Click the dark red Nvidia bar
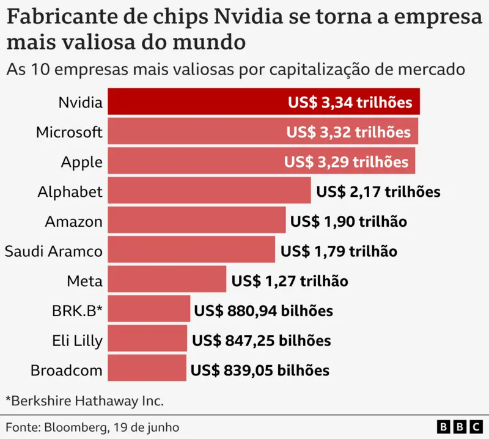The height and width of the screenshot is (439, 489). coord(263,101)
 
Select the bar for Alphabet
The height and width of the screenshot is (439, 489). coord(209,190)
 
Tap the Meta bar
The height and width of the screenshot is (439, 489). coord(167,279)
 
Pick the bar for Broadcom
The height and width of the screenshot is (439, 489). coord(147,368)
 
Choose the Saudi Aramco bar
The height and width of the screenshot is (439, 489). coord(191,249)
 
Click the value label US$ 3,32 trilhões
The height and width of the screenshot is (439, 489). coord(348,132)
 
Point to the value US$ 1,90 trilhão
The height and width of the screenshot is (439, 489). coord(348,221)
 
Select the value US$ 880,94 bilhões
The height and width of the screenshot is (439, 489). coord(263,311)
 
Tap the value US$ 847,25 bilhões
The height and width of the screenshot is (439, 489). coord(262,341)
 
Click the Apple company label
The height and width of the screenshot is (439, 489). coord(82,162)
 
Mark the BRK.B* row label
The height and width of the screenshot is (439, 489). coord(78,311)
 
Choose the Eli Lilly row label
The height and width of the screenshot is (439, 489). coord(78,341)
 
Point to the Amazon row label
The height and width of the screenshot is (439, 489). coord(74,222)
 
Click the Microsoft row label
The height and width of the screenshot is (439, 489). coord(69,132)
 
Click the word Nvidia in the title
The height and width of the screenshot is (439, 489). coord(248,17)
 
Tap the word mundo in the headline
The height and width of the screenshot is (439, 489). coord(209,42)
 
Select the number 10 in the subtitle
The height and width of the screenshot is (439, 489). coord(40,69)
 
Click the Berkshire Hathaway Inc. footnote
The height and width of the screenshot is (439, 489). coord(84,401)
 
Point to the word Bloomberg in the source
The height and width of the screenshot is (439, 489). coord(76,427)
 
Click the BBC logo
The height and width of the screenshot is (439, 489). coord(460,427)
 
